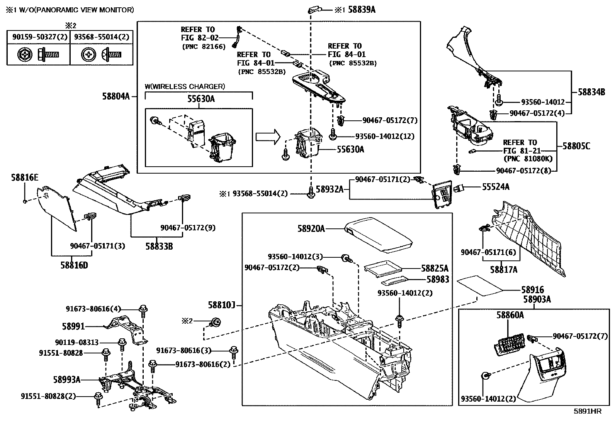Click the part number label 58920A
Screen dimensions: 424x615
(x=311, y=229)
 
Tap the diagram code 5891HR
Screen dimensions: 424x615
(x=587, y=411)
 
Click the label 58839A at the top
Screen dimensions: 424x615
(x=362, y=10)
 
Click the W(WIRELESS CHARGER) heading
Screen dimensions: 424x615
(x=184, y=86)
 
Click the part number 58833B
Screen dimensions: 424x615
(x=159, y=245)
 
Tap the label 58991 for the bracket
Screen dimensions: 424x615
(x=73, y=326)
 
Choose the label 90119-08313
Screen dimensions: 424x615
(x=76, y=342)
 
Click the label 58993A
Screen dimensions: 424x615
(x=67, y=380)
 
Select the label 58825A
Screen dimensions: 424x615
(x=435, y=268)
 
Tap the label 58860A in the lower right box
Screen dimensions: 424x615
(x=510, y=315)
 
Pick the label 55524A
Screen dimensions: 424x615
(x=496, y=187)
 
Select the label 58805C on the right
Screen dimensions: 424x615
(x=576, y=146)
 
